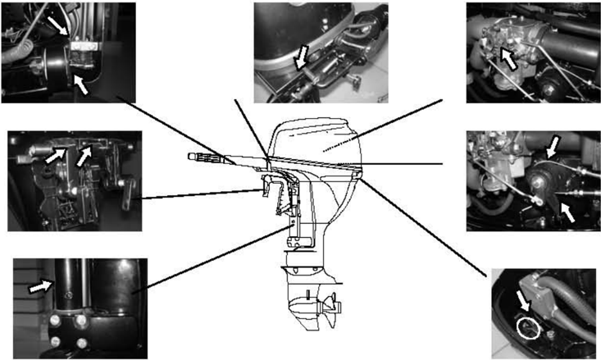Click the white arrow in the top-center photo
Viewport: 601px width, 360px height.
(x=301, y=57)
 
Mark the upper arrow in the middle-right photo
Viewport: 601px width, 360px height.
(x=553, y=146)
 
